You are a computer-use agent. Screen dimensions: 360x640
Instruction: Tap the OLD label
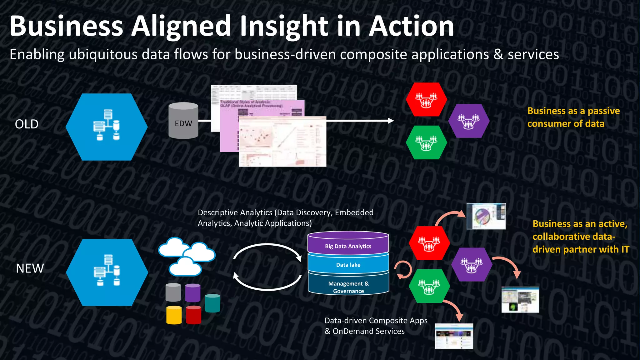pyautogui.click(x=27, y=124)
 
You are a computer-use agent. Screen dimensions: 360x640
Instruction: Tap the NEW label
pyautogui.click(x=30, y=268)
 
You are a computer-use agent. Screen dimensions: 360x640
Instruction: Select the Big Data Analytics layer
pyautogui.click(x=348, y=246)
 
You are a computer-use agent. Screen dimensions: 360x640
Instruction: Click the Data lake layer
pyautogui.click(x=348, y=265)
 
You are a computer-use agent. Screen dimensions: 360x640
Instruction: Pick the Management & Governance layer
pyautogui.click(x=348, y=287)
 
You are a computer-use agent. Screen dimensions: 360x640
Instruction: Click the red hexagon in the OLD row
pyautogui.click(x=426, y=99)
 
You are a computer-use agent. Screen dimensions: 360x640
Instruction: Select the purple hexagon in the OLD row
pyautogui.click(x=468, y=121)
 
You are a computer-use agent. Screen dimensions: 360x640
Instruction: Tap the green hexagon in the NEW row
pyautogui.click(x=429, y=286)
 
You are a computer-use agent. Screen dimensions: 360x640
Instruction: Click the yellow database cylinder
pyautogui.click(x=174, y=315)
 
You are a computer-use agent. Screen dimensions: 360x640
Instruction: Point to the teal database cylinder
pyautogui.click(x=212, y=303)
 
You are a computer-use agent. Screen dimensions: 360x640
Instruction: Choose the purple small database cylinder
pyautogui.click(x=192, y=293)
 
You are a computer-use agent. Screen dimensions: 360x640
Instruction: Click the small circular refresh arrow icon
pyautogui.click(x=403, y=270)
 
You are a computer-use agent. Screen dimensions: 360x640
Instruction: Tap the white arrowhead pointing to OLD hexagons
pyautogui.click(x=391, y=121)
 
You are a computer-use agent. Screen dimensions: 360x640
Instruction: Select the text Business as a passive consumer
pyautogui.click(x=573, y=117)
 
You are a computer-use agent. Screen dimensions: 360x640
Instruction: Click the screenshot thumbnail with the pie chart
pyautogui.click(x=486, y=216)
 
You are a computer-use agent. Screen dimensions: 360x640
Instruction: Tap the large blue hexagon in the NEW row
pyautogui.click(x=107, y=272)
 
